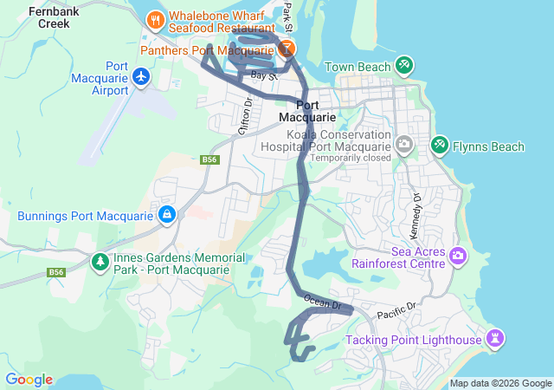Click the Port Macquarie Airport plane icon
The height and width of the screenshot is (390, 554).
tap(143, 78)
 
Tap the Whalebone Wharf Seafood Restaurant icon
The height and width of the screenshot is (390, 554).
tap(155, 18)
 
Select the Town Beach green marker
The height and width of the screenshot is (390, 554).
tap(403, 66)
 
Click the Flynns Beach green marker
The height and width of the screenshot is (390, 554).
tap(440, 145)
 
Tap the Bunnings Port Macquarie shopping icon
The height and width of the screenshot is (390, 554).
tap(165, 213)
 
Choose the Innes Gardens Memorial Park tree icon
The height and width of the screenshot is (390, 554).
tap(100, 261)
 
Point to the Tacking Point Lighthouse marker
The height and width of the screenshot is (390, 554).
tap(494, 337)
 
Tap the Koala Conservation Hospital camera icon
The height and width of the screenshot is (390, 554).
tap(403, 144)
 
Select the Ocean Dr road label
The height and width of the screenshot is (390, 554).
tap(324, 302)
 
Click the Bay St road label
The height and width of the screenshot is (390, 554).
tap(263, 76)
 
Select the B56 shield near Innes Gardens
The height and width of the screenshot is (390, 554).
tap(57, 272)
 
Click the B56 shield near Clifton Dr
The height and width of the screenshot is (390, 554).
tap(209, 159)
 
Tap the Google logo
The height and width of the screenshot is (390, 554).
tap(29, 380)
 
